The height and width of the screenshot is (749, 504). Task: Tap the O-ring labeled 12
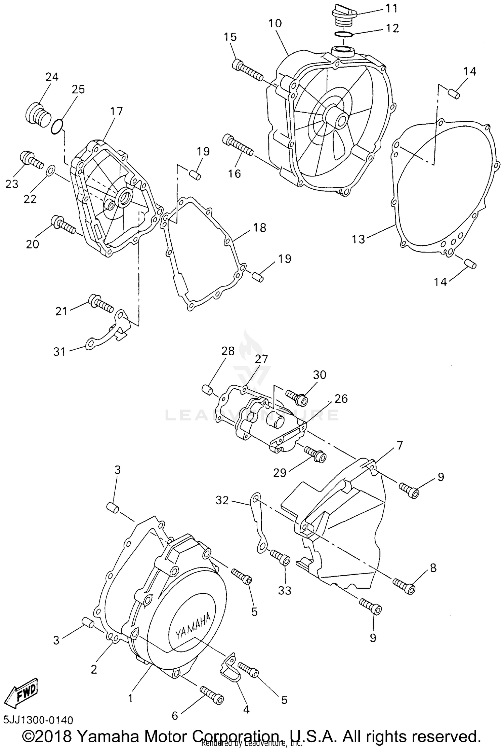(x=343, y=34)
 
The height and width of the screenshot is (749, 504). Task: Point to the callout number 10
(x=275, y=24)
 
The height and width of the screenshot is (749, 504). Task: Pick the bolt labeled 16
(x=238, y=145)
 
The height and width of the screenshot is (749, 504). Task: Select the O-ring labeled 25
(x=57, y=127)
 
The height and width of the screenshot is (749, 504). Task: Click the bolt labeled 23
(x=31, y=160)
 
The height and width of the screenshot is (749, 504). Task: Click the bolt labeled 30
(x=297, y=397)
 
